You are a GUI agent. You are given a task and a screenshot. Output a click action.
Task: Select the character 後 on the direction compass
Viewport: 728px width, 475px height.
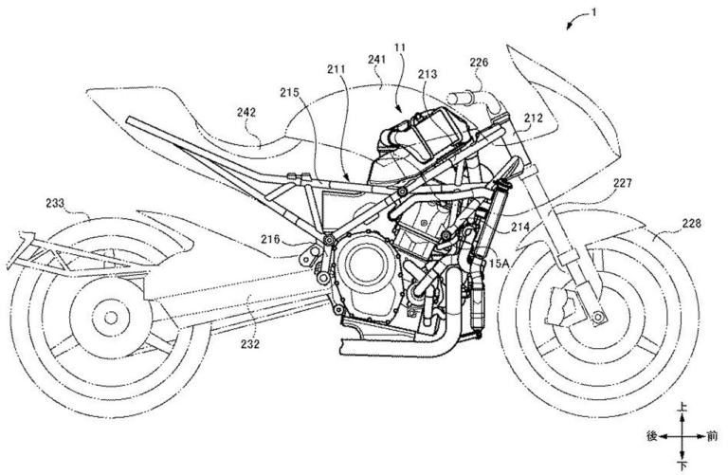(651, 437)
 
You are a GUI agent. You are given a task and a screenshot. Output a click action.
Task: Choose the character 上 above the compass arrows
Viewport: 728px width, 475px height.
(682, 408)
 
